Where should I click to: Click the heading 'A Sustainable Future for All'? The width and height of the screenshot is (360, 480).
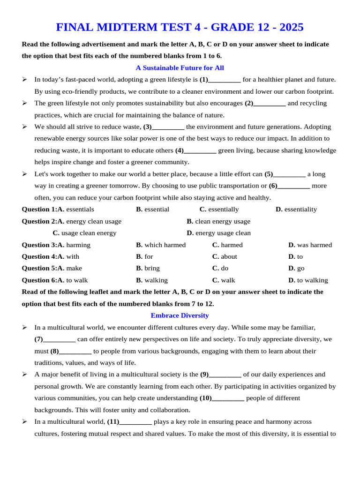(x=180, y=68)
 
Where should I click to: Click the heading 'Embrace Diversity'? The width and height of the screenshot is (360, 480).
(x=180, y=315)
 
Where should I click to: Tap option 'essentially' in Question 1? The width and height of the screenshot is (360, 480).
(x=223, y=210)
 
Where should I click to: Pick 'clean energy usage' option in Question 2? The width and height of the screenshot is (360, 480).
(x=222, y=221)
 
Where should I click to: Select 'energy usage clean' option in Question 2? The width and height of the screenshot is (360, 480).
(x=223, y=233)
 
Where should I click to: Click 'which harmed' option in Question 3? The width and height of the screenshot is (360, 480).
(x=165, y=245)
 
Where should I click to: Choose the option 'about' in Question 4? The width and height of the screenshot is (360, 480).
(x=229, y=257)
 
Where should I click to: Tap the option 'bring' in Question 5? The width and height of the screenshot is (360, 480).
(x=152, y=269)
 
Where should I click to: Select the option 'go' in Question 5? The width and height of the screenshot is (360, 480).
(x=300, y=269)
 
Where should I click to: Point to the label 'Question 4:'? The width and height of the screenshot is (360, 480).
(x=39, y=257)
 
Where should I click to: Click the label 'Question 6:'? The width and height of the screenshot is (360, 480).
(x=39, y=280)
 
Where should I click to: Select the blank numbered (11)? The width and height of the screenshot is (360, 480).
(x=135, y=422)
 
